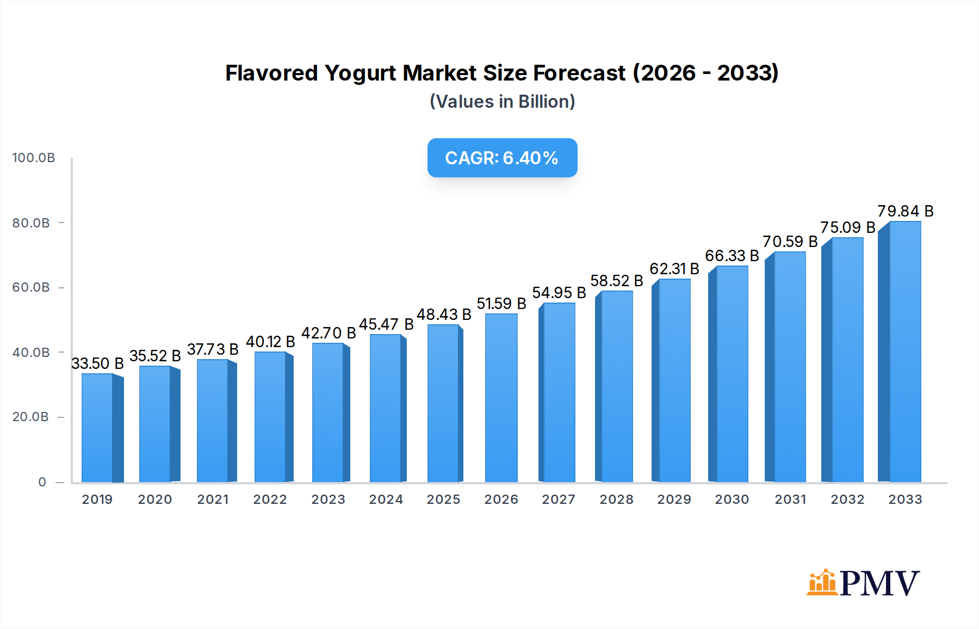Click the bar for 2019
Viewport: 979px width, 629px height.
tap(98, 428)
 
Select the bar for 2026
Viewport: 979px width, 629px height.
tap(501, 398)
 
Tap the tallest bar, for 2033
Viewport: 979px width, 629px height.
tap(904, 351)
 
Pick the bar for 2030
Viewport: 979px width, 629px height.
tap(732, 374)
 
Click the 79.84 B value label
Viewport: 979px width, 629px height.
tap(905, 211)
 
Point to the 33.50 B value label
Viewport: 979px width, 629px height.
tap(97, 363)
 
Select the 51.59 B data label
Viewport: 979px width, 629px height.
tap(501, 304)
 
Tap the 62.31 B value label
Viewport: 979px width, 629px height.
tap(674, 269)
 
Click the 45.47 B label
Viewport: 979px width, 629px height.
tap(386, 324)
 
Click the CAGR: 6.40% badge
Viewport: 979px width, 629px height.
tap(502, 158)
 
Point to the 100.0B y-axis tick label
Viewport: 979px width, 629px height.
tap(34, 158)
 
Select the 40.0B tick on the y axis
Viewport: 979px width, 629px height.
tap(31, 353)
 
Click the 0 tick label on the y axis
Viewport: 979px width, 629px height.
tap(42, 482)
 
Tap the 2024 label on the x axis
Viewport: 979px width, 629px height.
tap(386, 499)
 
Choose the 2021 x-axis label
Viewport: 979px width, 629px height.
tap(213, 499)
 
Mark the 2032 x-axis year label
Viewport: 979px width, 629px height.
tap(847, 499)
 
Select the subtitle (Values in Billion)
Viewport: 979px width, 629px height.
tap(502, 102)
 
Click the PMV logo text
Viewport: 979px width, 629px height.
tap(879, 583)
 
